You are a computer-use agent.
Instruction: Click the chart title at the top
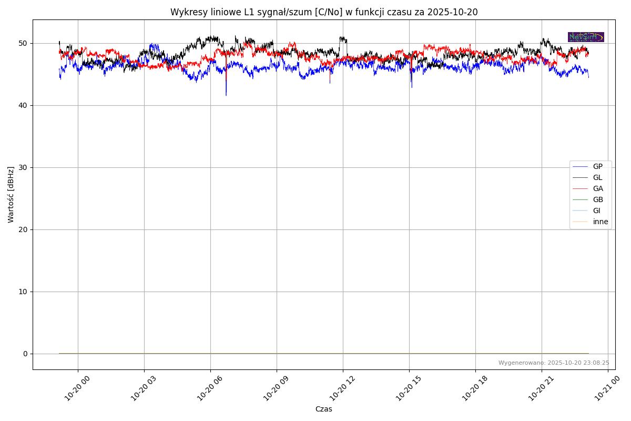point(324,12)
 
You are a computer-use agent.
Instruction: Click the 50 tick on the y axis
point(23,43)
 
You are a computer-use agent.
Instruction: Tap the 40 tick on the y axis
point(23,105)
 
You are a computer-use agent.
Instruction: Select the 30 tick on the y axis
point(23,167)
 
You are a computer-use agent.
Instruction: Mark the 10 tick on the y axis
point(23,292)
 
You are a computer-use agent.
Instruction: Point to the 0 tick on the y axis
point(25,354)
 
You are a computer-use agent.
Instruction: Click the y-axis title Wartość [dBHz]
point(11,194)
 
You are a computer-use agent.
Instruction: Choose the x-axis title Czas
point(324,409)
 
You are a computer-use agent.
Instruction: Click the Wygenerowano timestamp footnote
point(554,363)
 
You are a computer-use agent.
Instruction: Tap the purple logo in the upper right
point(586,37)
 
